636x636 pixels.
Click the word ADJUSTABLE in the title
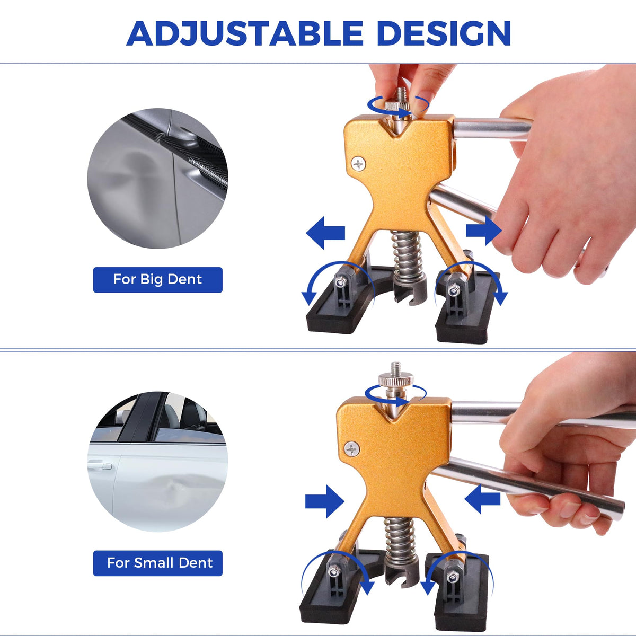(x=244, y=33)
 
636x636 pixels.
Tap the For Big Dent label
(x=158, y=279)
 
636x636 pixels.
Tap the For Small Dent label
(x=158, y=563)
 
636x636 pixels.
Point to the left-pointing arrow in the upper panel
(x=325, y=233)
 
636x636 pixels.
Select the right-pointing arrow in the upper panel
(x=484, y=230)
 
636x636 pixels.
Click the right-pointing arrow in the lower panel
(x=325, y=501)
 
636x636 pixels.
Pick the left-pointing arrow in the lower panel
(x=482, y=498)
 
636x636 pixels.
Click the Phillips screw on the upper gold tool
(x=358, y=163)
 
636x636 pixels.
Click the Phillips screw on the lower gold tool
(x=351, y=449)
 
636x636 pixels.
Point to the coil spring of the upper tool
(x=408, y=256)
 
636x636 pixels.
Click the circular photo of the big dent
(x=158, y=178)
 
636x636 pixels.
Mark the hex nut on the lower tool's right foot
(x=452, y=577)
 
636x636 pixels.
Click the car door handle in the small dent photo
(x=100, y=466)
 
